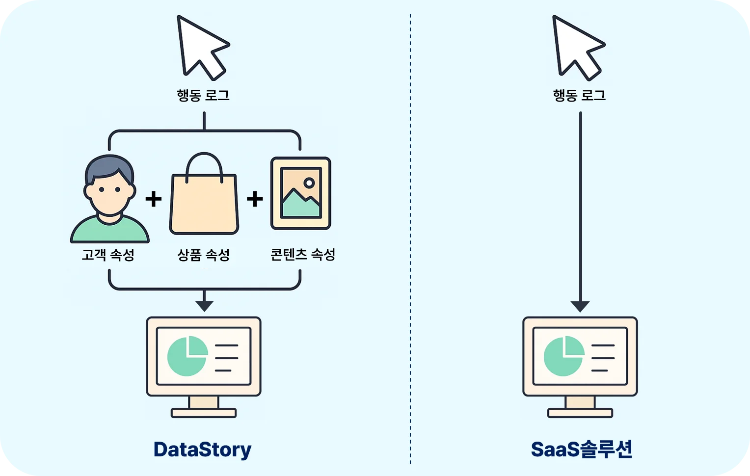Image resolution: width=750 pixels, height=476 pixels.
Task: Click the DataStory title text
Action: pyautogui.click(x=202, y=450)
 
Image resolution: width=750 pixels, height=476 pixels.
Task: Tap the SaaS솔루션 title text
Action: pyautogui.click(x=582, y=450)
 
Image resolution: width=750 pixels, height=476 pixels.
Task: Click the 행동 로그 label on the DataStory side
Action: pyautogui.click(x=203, y=95)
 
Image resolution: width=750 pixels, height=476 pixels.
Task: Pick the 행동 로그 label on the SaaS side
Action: pyautogui.click(x=579, y=95)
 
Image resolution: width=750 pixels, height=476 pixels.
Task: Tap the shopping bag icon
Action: pyautogui.click(x=204, y=204)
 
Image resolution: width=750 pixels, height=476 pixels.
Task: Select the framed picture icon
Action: pyautogui.click(x=301, y=193)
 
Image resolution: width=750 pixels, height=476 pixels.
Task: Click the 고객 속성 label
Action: pyautogui.click(x=108, y=255)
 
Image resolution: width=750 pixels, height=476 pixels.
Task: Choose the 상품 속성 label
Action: pyautogui.click(x=203, y=255)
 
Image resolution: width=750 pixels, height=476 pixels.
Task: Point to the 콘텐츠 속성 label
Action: pyautogui.click(x=303, y=255)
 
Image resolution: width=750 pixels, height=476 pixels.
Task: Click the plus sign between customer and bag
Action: pyautogui.click(x=154, y=199)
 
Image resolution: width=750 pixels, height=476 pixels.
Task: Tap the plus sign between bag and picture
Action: pyautogui.click(x=255, y=199)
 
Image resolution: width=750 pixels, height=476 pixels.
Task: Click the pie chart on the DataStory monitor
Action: pyautogui.click(x=187, y=356)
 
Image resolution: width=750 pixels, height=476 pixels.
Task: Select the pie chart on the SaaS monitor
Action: pyautogui.click(x=563, y=356)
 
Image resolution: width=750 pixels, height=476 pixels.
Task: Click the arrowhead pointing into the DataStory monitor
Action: pyautogui.click(x=204, y=306)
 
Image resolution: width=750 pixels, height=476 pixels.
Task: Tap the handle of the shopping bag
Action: pyautogui.click(x=204, y=162)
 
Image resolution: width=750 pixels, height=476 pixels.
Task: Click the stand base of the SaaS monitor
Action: pyautogui.click(x=580, y=413)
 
